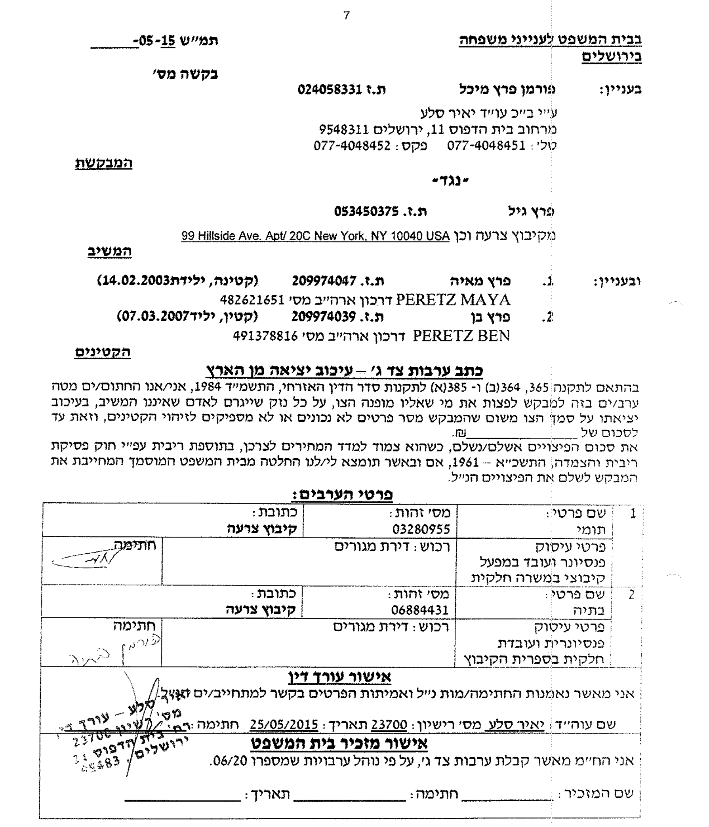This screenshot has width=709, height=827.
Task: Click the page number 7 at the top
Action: click(x=346, y=15)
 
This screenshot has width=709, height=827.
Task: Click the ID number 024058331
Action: click(x=330, y=89)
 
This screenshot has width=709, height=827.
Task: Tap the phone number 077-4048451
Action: click(x=486, y=146)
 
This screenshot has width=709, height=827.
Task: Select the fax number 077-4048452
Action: click(x=352, y=146)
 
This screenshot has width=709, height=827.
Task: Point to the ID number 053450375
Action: click(x=366, y=211)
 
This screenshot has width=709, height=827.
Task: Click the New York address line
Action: click(x=315, y=236)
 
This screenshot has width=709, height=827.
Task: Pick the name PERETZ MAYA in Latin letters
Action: click(x=453, y=299)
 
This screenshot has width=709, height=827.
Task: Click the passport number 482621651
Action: click(x=252, y=299)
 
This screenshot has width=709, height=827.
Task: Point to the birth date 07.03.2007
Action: click(x=154, y=316)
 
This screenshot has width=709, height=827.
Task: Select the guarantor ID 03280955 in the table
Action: click(x=421, y=529)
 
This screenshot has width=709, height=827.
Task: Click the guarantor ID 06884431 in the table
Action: click(x=420, y=610)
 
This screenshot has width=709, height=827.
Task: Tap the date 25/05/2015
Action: click(x=284, y=724)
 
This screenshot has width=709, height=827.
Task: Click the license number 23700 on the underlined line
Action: click(x=389, y=724)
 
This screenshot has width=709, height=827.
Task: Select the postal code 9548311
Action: click(x=343, y=130)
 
